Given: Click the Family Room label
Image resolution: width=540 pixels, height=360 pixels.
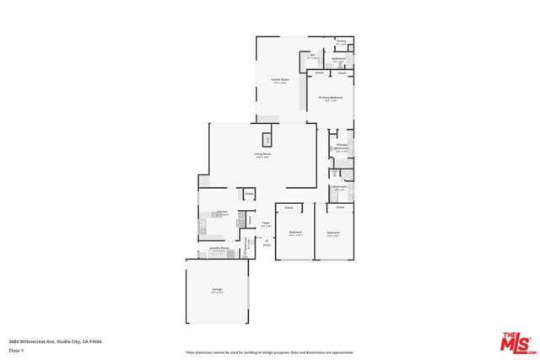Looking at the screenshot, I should click(x=279, y=81).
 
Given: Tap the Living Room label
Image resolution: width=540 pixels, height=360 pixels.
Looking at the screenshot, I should click(x=262, y=154).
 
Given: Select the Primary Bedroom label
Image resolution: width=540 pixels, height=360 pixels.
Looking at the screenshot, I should click(x=330, y=99).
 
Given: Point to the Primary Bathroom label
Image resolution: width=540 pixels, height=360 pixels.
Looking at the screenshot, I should click(x=341, y=148).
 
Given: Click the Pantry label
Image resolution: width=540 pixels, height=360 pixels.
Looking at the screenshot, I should click(x=341, y=41).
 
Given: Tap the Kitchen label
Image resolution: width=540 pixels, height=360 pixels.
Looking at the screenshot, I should click(x=222, y=212).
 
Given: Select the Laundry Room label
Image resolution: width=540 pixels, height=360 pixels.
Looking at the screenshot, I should click(x=219, y=249).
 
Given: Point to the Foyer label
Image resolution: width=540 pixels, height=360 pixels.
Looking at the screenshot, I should click(x=266, y=223).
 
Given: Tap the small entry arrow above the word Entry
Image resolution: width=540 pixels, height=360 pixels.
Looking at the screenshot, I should click(x=267, y=239).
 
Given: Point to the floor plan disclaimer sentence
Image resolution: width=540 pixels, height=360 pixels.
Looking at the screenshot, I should click(x=269, y=352).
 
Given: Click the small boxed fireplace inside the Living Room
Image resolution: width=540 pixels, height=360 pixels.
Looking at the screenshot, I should click(x=268, y=139).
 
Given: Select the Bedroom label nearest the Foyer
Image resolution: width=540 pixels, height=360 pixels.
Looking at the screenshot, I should click(x=295, y=233).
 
